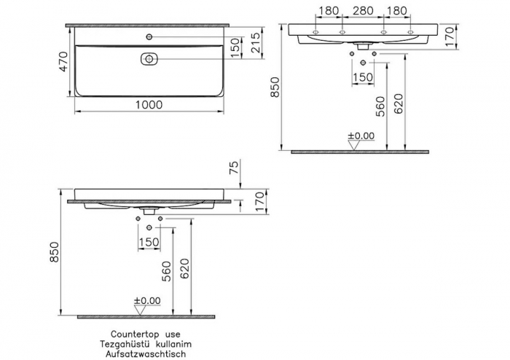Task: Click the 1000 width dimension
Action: [149, 104]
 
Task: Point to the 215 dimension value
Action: [255, 42]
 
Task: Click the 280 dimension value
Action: [363, 12]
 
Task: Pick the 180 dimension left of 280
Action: [328, 12]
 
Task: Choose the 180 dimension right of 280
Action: [398, 12]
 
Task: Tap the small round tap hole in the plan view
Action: [149, 36]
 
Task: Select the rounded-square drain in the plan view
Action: [149, 58]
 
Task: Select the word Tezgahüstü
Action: [126, 343]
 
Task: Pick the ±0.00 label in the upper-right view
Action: [361, 136]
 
